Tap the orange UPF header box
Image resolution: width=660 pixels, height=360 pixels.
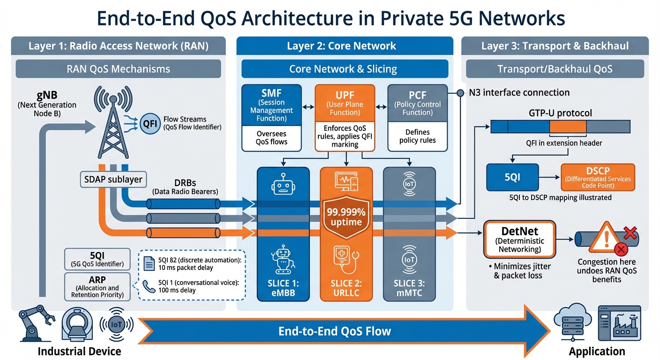[345, 104]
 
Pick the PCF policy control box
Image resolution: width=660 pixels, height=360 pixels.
[417, 104]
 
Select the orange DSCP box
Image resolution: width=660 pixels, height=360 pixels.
[598, 177]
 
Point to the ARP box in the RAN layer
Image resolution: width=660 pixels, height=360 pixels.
[97, 286]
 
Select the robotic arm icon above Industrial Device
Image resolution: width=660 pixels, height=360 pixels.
[36, 324]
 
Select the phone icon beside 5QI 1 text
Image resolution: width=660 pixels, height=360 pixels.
[150, 285]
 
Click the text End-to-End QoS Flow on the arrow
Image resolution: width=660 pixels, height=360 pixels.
[334, 331]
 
